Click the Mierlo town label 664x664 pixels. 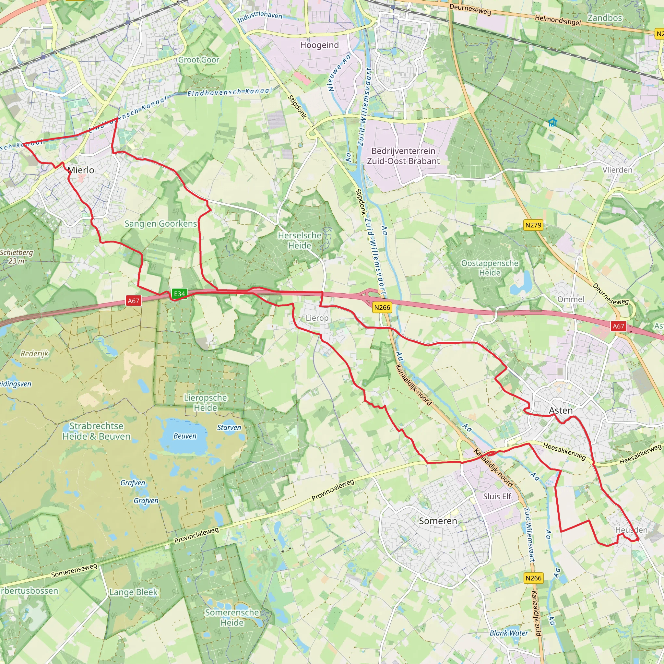[x=81, y=170]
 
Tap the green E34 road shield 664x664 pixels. [x=179, y=293]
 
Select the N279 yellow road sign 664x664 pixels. [x=533, y=225]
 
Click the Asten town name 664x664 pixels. [x=561, y=411]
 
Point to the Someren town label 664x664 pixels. [x=438, y=521]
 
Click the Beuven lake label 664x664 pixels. [x=185, y=436]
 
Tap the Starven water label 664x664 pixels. [x=229, y=428]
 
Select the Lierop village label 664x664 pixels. [x=317, y=318]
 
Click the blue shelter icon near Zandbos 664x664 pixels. [x=552, y=122]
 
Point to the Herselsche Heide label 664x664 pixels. [x=300, y=241]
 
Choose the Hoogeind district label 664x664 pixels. [x=319, y=45]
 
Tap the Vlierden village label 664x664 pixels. [x=617, y=170]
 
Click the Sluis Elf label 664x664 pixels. [x=497, y=496]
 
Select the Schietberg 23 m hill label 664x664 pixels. [x=17, y=257]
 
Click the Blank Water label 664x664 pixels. [x=509, y=633]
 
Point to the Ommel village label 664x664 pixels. [x=571, y=299]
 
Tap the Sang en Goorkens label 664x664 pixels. [x=160, y=224]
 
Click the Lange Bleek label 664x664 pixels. [x=133, y=592]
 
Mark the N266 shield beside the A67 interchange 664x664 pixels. [x=382, y=308]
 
